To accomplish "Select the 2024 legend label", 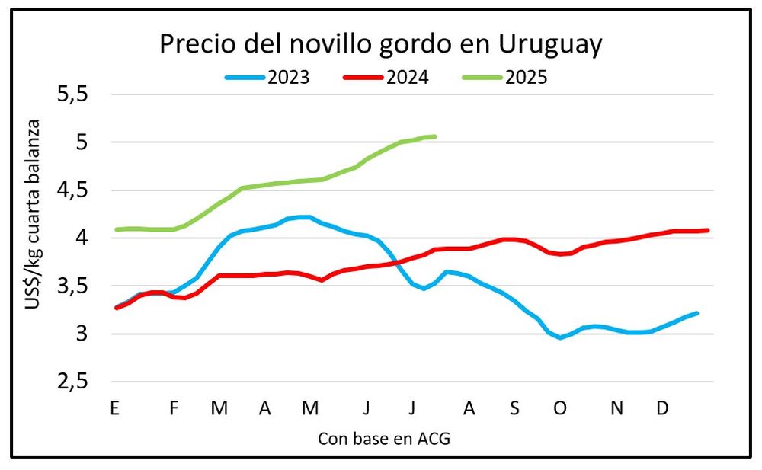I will point(407,77).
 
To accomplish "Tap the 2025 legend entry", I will point(526,77).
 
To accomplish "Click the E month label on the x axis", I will point(115,408).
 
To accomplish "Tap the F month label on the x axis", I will point(174,408).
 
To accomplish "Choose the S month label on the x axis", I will point(514,408).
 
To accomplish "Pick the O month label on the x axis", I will point(560,408).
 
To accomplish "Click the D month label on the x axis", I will point(663,408).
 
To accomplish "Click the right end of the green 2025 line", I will point(434,136).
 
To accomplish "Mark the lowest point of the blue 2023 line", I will point(560,337).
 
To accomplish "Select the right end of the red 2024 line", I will point(708,230).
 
